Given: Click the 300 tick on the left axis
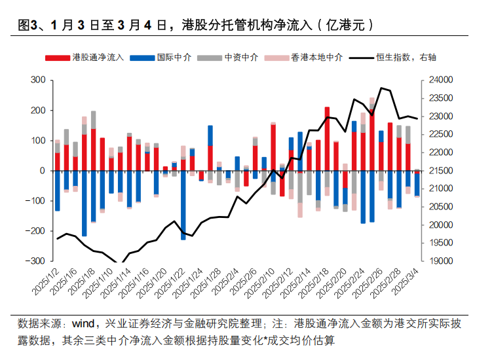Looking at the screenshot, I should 37,80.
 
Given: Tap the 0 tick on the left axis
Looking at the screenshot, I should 42,170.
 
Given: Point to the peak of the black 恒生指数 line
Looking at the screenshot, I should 381,88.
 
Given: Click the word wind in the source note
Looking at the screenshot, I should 84,323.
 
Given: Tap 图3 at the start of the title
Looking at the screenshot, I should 25,26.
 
